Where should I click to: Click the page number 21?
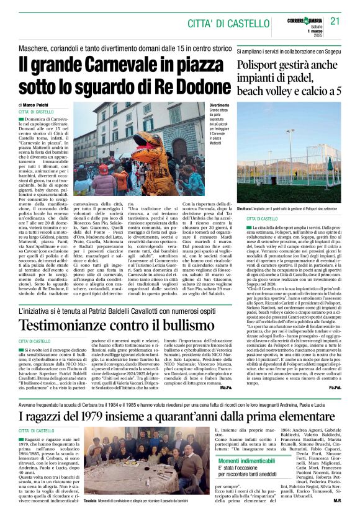coord(335,20)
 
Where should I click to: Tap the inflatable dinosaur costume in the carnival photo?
coord(148,148)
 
